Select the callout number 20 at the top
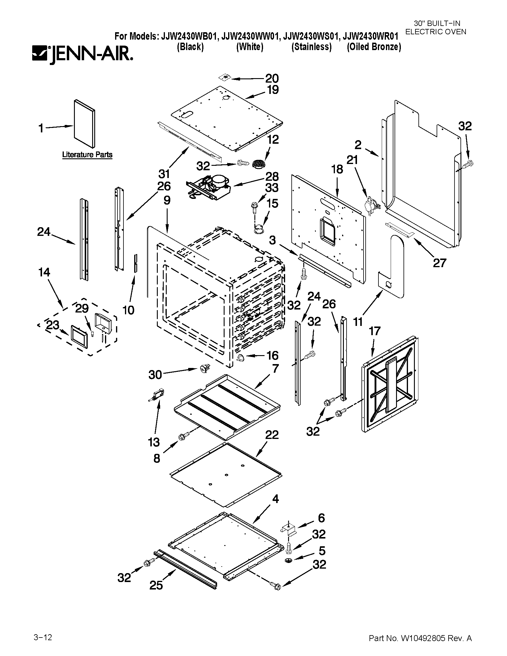pyautogui.click(x=272, y=78)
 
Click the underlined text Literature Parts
pyautogui.click(x=87, y=155)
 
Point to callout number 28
pyautogui.click(x=272, y=176)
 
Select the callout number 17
pyautogui.click(x=375, y=331)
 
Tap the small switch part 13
pyautogui.click(x=157, y=395)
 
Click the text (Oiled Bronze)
pyautogui.click(x=374, y=47)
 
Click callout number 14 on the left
pyautogui.click(x=44, y=272)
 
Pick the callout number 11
pyautogui.click(x=358, y=322)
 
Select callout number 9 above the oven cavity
pyautogui.click(x=167, y=200)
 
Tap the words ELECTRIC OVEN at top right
pyautogui.click(x=436, y=32)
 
